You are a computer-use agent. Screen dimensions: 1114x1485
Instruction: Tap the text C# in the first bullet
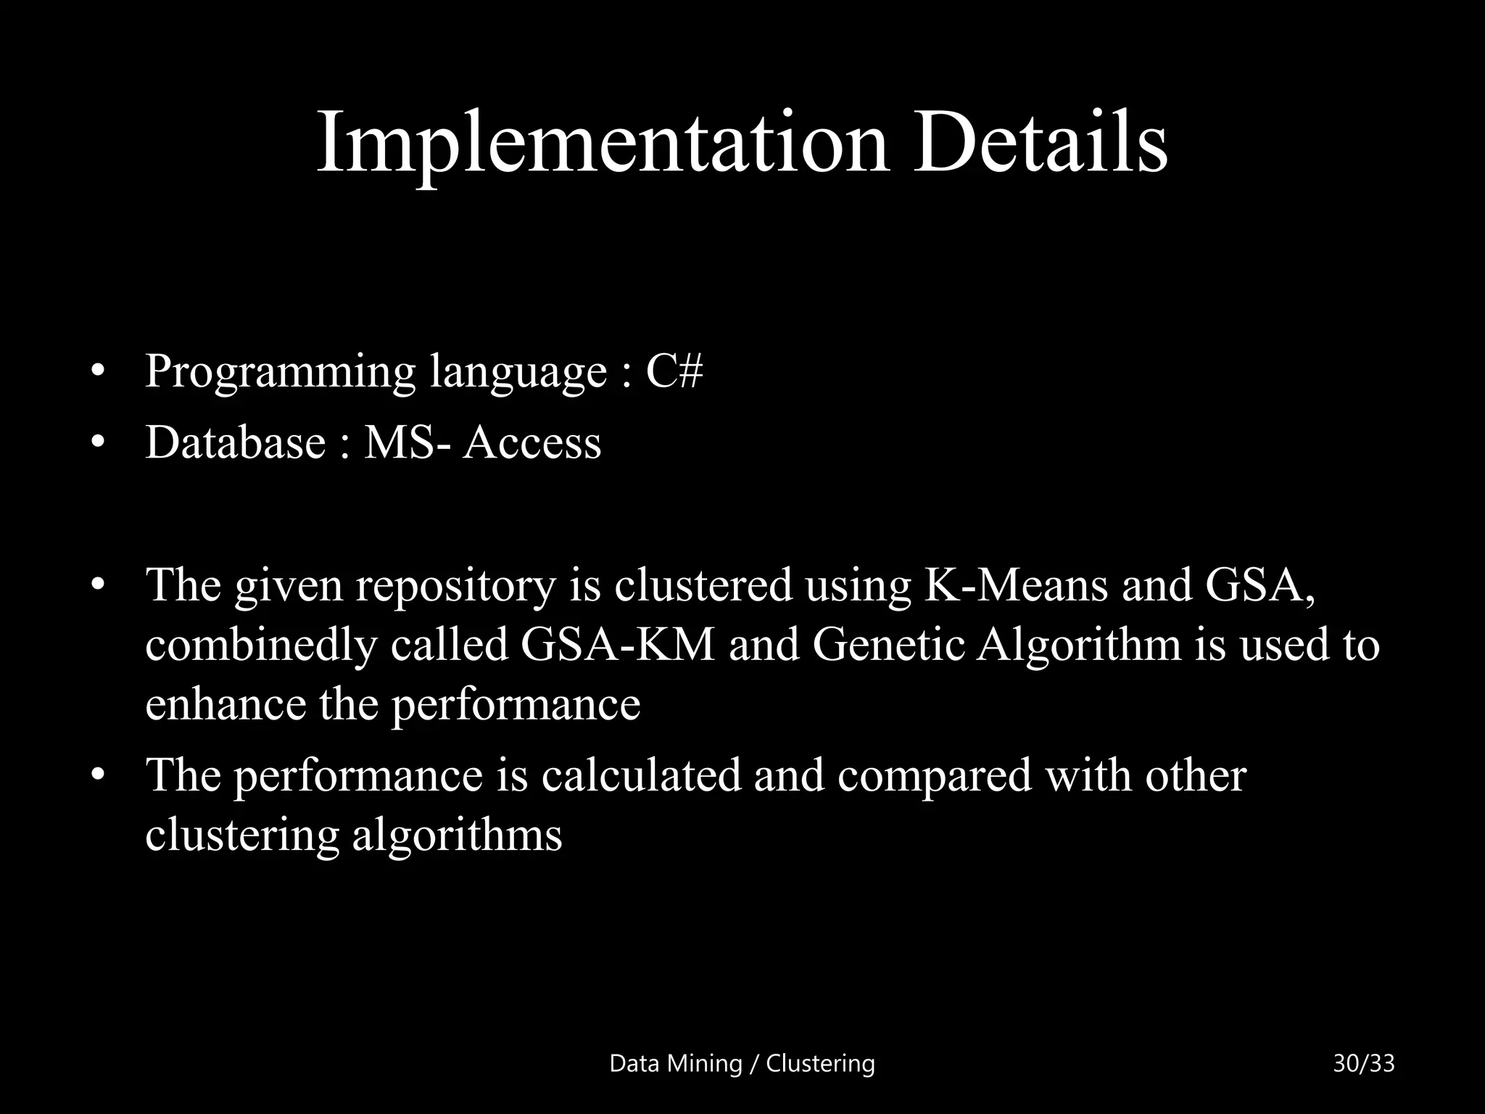[674, 371]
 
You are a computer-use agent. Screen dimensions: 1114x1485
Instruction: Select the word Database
[236, 442]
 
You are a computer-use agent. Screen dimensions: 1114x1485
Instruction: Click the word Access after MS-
[532, 442]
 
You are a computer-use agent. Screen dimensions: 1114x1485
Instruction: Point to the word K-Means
[1015, 585]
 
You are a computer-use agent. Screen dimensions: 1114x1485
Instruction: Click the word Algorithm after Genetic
[1079, 645]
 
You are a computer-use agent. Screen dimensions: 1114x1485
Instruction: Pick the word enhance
[226, 704]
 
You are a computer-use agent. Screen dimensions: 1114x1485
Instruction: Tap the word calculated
[641, 775]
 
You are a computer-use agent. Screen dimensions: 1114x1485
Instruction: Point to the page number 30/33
[1363, 1063]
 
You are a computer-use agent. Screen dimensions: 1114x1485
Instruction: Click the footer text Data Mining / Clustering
[742, 1063]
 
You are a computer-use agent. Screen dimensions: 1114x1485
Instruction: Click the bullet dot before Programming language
[99, 373]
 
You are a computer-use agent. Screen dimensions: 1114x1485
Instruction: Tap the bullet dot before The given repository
[99, 585]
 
